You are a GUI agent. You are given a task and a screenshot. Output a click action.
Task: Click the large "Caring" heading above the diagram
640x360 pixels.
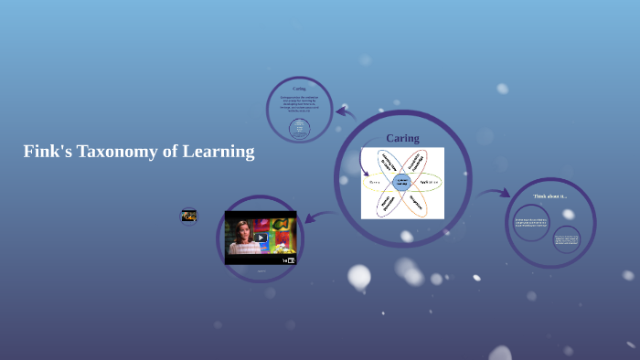click(402, 138)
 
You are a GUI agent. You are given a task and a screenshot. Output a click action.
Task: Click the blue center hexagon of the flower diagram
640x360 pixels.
click(402, 182)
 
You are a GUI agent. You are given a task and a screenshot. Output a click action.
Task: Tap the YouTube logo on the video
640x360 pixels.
click(289, 260)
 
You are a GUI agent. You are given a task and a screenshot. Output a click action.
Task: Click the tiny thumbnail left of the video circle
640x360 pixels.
click(189, 217)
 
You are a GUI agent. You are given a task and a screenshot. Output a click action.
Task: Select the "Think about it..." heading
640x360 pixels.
click(549, 196)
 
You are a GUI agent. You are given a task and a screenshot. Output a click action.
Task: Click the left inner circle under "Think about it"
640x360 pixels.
click(531, 222)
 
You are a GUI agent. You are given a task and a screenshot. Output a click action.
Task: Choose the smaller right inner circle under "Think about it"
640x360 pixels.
click(567, 239)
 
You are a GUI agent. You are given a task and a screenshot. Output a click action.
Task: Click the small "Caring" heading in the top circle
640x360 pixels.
click(299, 89)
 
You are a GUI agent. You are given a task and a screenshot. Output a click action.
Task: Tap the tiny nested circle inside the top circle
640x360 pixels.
click(299, 128)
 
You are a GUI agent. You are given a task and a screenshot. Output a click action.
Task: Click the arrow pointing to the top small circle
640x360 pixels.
click(344, 112)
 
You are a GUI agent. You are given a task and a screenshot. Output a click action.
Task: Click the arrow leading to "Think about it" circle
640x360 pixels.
click(495, 193)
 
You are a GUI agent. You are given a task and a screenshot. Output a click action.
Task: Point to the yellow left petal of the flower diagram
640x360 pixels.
click(375, 182)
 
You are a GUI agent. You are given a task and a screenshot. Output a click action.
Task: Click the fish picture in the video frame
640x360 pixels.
click(283, 225)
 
